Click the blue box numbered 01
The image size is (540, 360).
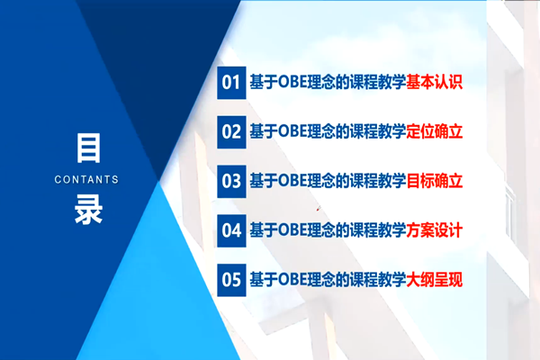point(231,83)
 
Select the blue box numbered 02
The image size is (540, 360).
point(231,132)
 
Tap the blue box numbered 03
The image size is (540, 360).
point(231,182)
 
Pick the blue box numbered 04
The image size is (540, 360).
point(231,230)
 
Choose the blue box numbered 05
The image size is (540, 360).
point(231,280)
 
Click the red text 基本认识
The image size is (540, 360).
point(434,82)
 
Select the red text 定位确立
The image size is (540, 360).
point(434,131)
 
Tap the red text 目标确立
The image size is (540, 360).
point(434,181)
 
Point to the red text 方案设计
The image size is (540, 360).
point(434,230)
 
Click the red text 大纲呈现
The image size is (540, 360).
point(434,279)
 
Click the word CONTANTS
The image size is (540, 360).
point(86,179)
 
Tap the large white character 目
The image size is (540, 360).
point(88,148)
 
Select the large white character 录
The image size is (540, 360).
point(88,209)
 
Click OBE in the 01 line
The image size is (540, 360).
point(292,82)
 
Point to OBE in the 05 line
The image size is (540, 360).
point(292,279)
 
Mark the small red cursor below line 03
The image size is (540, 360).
point(319,208)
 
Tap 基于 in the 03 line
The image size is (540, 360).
point(264,181)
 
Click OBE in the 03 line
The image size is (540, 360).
point(292,181)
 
